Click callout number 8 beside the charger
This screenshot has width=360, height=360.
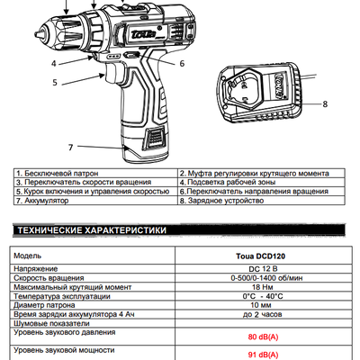[325, 104]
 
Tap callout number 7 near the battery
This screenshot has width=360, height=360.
[71, 148]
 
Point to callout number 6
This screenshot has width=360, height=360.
[182, 64]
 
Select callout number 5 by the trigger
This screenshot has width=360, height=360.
[55, 83]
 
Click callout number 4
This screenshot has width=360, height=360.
[54, 64]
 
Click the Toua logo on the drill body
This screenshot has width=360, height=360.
[143, 34]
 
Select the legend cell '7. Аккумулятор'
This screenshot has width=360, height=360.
[42, 201]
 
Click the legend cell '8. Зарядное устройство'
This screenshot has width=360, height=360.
[221, 201]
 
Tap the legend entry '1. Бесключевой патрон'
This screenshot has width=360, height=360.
[58, 174]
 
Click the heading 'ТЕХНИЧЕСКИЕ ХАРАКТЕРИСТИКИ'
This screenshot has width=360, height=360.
[92, 230]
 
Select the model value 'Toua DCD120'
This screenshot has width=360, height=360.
[261, 256]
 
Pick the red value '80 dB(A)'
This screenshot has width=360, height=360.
[263, 337]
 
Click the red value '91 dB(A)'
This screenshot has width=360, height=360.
[263, 355]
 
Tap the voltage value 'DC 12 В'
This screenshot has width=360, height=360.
[263, 269]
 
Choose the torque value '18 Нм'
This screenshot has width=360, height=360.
[262, 287]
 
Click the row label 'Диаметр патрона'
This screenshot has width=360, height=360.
[44, 305]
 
